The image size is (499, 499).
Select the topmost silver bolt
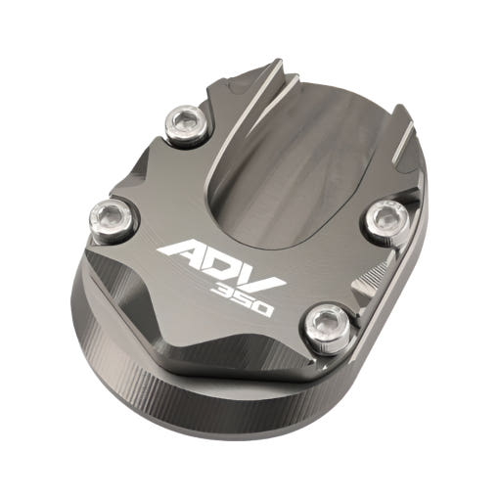coord(186,124)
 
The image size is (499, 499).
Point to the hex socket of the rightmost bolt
coord(387,218)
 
